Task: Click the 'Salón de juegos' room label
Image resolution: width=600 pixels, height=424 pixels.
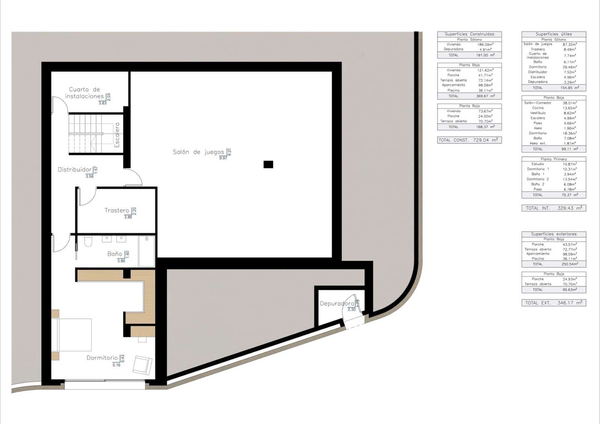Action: click(198, 152)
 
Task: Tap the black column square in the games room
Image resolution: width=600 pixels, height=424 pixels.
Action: click(268, 164)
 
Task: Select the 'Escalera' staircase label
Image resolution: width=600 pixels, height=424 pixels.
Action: click(117, 135)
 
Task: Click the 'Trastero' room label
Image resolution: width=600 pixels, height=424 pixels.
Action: click(117, 210)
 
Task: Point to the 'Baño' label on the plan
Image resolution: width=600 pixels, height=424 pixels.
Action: click(114, 254)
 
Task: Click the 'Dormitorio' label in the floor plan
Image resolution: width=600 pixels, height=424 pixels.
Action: click(102, 358)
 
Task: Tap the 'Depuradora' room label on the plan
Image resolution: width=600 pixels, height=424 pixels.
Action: click(337, 304)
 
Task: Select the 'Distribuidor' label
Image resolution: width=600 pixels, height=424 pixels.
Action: click(75, 170)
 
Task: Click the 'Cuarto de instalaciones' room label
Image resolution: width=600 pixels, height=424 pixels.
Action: click(84, 93)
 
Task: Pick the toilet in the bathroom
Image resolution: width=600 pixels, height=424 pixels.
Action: click(88, 241)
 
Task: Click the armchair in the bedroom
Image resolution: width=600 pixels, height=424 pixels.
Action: click(142, 364)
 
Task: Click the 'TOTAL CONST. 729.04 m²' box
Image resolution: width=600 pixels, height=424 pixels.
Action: click(469, 140)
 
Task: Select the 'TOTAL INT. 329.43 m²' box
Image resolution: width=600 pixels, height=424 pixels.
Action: click(553, 208)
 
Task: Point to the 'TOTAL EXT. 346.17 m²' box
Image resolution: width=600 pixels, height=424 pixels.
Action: click(553, 303)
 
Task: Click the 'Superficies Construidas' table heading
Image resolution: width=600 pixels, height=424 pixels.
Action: click(469, 34)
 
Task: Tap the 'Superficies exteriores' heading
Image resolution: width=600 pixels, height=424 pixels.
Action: click(553, 234)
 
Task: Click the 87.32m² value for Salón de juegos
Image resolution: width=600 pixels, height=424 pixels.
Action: click(569, 44)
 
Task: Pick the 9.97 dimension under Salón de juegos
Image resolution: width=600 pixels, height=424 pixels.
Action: click(223, 158)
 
